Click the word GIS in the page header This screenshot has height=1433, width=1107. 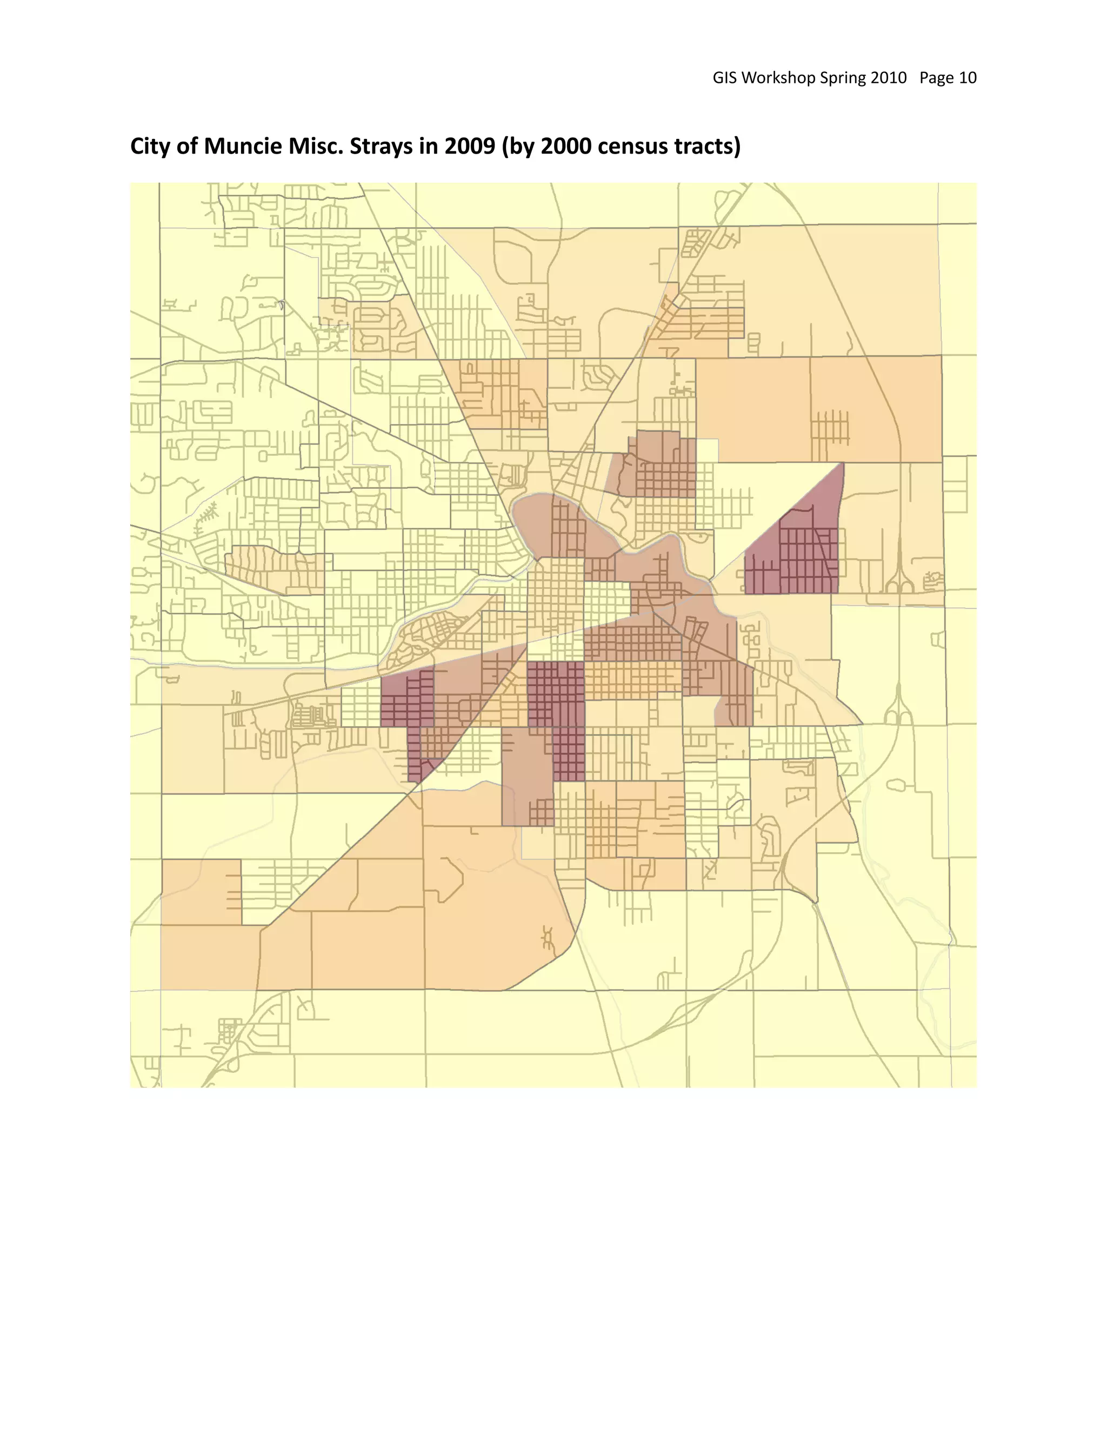pos(725,78)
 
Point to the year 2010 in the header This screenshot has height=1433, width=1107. pos(889,78)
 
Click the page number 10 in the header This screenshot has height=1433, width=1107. pos(968,78)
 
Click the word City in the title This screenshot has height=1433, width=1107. pos(151,147)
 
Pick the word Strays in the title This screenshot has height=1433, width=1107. pos(381,147)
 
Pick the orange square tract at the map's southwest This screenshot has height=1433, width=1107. pos(201,892)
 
